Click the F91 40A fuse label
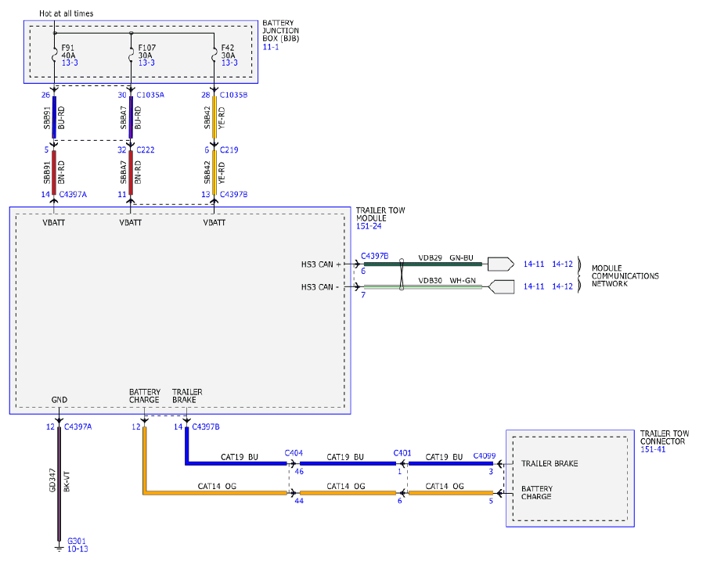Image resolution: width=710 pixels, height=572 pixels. point(68,51)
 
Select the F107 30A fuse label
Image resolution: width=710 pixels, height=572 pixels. point(146,51)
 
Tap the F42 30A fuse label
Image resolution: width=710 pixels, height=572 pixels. point(229,51)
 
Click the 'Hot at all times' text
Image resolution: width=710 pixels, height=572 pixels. point(66,13)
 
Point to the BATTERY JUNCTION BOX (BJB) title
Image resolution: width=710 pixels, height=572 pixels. point(281,31)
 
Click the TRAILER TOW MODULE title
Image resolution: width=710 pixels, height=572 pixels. point(380,214)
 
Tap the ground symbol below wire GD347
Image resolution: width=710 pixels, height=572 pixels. point(59,548)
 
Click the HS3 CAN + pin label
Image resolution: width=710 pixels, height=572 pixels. point(321,264)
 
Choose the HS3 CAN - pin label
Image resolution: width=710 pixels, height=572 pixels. point(320,287)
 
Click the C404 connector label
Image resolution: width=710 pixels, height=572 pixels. point(294,453)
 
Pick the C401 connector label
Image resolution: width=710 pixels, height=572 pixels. point(402,453)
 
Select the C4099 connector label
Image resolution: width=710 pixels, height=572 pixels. point(485,455)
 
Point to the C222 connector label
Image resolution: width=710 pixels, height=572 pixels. point(146,149)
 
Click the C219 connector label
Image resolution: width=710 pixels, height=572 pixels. point(229,149)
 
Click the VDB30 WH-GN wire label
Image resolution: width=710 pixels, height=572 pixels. point(447,281)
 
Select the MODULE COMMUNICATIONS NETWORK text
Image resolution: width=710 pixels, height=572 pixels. point(625,275)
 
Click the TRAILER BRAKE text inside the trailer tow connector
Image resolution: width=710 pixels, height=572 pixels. point(550,463)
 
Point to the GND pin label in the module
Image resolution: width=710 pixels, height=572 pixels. point(59,400)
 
